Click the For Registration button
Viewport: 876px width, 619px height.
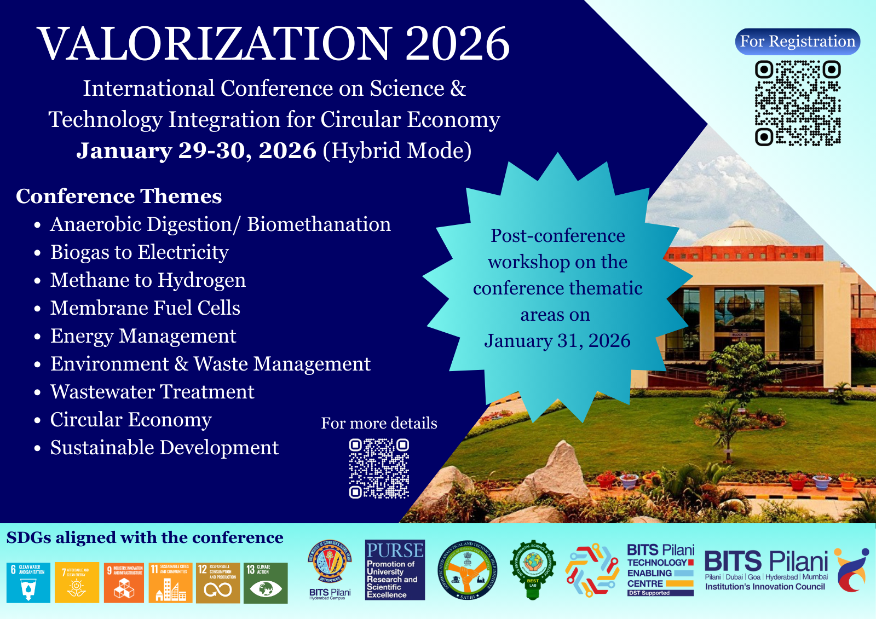(797, 42)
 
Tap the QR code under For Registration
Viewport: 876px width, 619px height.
(797, 103)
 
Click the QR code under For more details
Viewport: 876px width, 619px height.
(379, 468)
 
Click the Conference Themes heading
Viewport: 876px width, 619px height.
(119, 196)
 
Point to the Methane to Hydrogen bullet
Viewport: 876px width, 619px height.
(148, 280)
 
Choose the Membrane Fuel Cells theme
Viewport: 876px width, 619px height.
(145, 308)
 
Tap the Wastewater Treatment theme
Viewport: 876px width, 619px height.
(152, 392)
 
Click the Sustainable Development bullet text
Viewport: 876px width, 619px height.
(164, 448)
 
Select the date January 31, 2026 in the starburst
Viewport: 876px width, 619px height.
(557, 341)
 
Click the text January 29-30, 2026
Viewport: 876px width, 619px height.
(196, 151)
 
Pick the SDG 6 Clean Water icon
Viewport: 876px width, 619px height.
(28, 583)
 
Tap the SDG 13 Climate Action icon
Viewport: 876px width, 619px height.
(266, 583)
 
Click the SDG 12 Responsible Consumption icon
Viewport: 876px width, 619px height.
(218, 583)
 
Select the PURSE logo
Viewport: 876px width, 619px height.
(395, 570)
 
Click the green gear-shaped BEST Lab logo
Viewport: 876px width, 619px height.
(532, 569)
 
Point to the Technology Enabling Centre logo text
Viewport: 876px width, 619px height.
(660, 569)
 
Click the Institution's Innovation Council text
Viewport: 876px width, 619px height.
(765, 587)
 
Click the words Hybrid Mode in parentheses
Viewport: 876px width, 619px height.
(397, 151)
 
